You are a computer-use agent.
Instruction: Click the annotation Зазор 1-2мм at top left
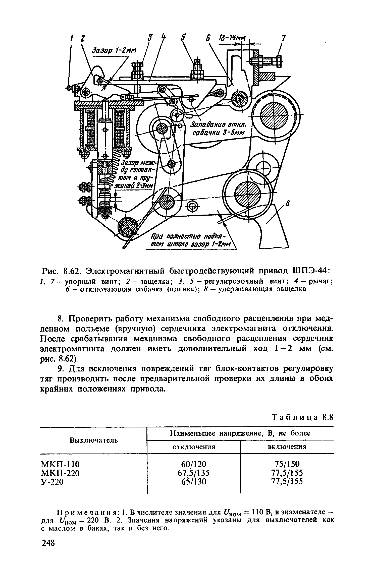coord(114,51)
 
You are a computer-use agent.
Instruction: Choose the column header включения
coord(287,447)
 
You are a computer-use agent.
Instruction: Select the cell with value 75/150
coord(287,464)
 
